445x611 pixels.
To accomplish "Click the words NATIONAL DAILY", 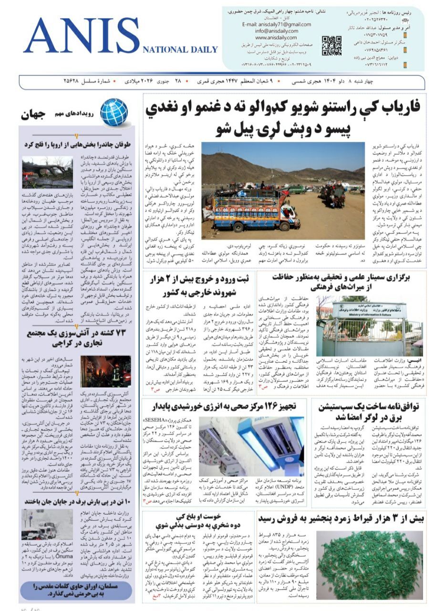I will tap(180, 50).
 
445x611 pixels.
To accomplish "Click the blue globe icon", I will tap(114, 112).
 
